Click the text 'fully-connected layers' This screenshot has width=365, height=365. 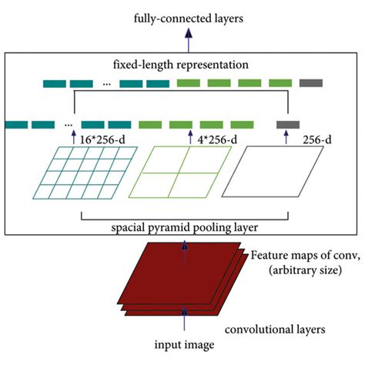(182, 18)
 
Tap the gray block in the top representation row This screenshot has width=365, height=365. (311, 83)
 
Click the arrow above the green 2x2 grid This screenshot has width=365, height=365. (190, 138)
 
